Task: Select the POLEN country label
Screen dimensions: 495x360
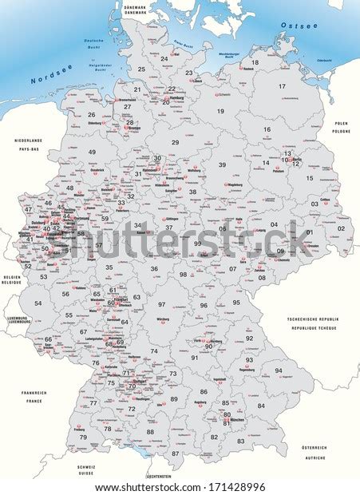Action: pos(342,124)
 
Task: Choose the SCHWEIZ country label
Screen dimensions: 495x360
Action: pos(86,465)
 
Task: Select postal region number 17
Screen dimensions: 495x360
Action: pos(281,86)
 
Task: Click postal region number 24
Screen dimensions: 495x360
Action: pos(164,58)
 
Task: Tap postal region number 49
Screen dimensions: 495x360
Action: pos(93,151)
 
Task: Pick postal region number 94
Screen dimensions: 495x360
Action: pos(279,370)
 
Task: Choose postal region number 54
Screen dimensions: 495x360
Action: pos(37,303)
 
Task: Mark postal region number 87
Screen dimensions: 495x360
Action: pos(176,453)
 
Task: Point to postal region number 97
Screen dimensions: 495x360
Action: pos(162,304)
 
